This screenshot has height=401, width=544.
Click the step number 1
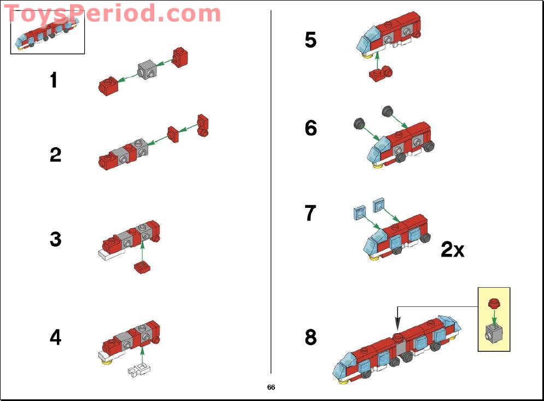tap(54, 81)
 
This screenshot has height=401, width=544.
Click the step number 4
tap(55, 338)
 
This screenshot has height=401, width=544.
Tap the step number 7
tap(311, 213)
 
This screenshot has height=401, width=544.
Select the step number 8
tap(311, 338)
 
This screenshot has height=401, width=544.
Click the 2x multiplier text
tap(452, 250)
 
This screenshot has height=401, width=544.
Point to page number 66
tap(271, 387)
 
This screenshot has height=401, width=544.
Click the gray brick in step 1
tap(148, 69)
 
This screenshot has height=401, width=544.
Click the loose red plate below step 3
tap(143, 268)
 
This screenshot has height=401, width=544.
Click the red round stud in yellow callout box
tap(494, 302)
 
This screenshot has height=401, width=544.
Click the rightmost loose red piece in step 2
tap(203, 125)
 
